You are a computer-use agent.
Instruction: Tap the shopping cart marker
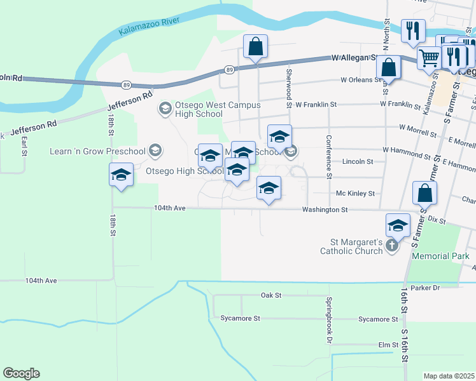click(x=430, y=58)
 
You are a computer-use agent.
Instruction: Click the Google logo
click(x=21, y=373)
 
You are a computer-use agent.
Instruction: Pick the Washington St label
click(x=325, y=209)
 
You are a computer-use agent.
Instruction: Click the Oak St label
click(x=270, y=295)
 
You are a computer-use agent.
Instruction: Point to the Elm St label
click(x=388, y=345)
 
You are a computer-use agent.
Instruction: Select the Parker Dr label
click(x=425, y=288)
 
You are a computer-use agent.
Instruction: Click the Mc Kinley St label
click(x=355, y=193)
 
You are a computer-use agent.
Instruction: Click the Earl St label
click(x=24, y=145)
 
